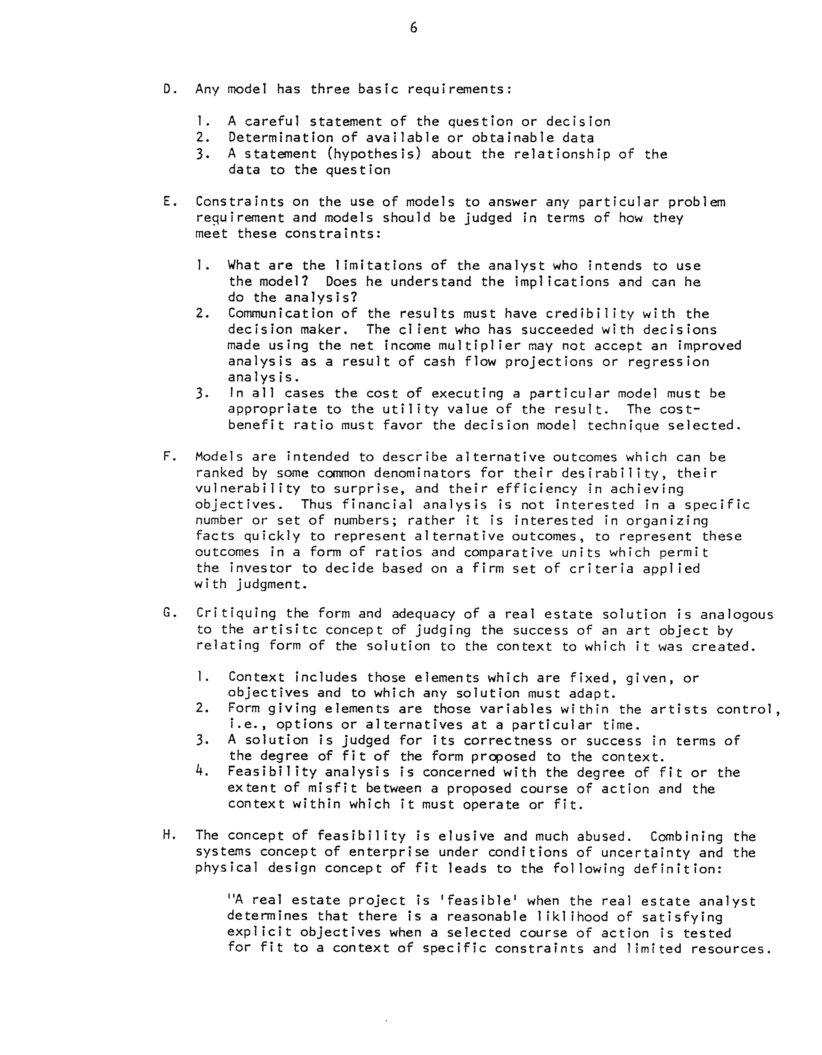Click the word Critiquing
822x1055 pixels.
(236, 614)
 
